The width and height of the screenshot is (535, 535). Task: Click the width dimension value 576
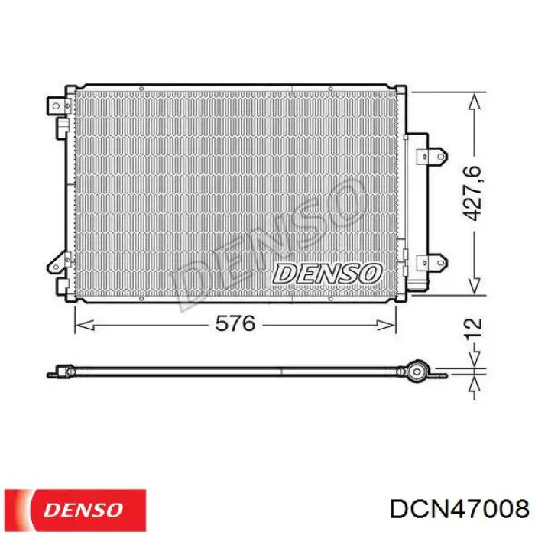235,323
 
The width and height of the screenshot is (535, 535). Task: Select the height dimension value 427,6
472,193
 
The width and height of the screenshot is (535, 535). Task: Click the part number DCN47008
459,509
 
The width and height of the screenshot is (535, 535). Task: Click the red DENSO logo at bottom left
75,510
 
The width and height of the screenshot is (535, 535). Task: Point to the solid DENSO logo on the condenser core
327,274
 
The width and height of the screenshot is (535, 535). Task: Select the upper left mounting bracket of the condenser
59,106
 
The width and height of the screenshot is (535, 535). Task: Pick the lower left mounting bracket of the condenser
59,263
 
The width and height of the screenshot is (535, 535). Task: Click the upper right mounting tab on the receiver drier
433,157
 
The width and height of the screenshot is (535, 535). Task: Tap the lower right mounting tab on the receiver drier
433,262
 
